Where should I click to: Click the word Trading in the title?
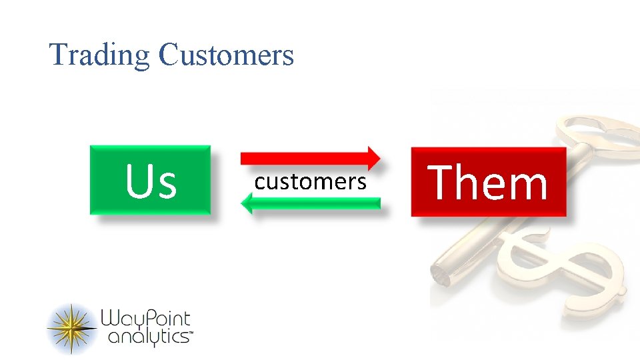(x=100, y=55)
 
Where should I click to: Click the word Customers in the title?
(x=226, y=55)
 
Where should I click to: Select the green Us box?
(x=150, y=180)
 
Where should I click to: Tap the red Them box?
(x=488, y=181)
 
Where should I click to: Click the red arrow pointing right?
(x=307, y=158)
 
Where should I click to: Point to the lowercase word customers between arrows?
(x=311, y=181)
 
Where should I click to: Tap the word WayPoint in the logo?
(x=146, y=319)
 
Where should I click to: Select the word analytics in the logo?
(x=148, y=337)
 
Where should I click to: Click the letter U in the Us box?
(x=139, y=181)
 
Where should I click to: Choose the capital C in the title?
(x=167, y=55)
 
